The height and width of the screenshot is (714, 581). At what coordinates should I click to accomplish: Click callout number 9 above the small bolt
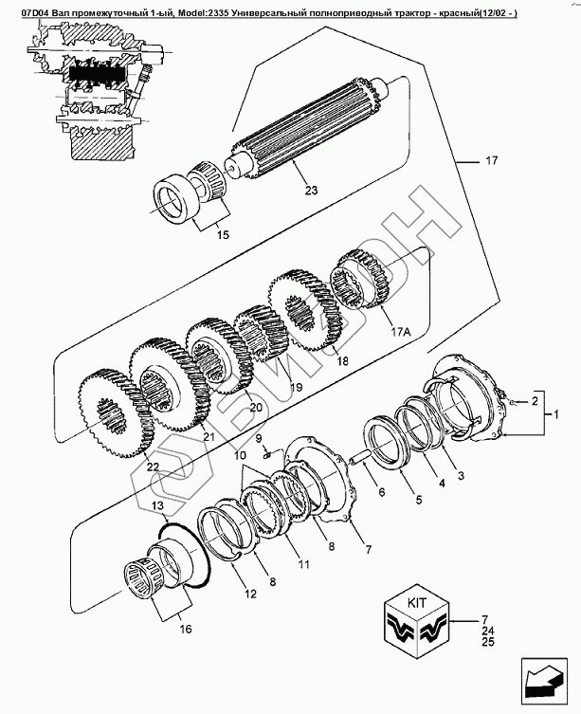257,437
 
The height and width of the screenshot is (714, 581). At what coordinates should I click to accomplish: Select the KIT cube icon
418,620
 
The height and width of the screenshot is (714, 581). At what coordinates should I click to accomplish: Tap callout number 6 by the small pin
381,493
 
